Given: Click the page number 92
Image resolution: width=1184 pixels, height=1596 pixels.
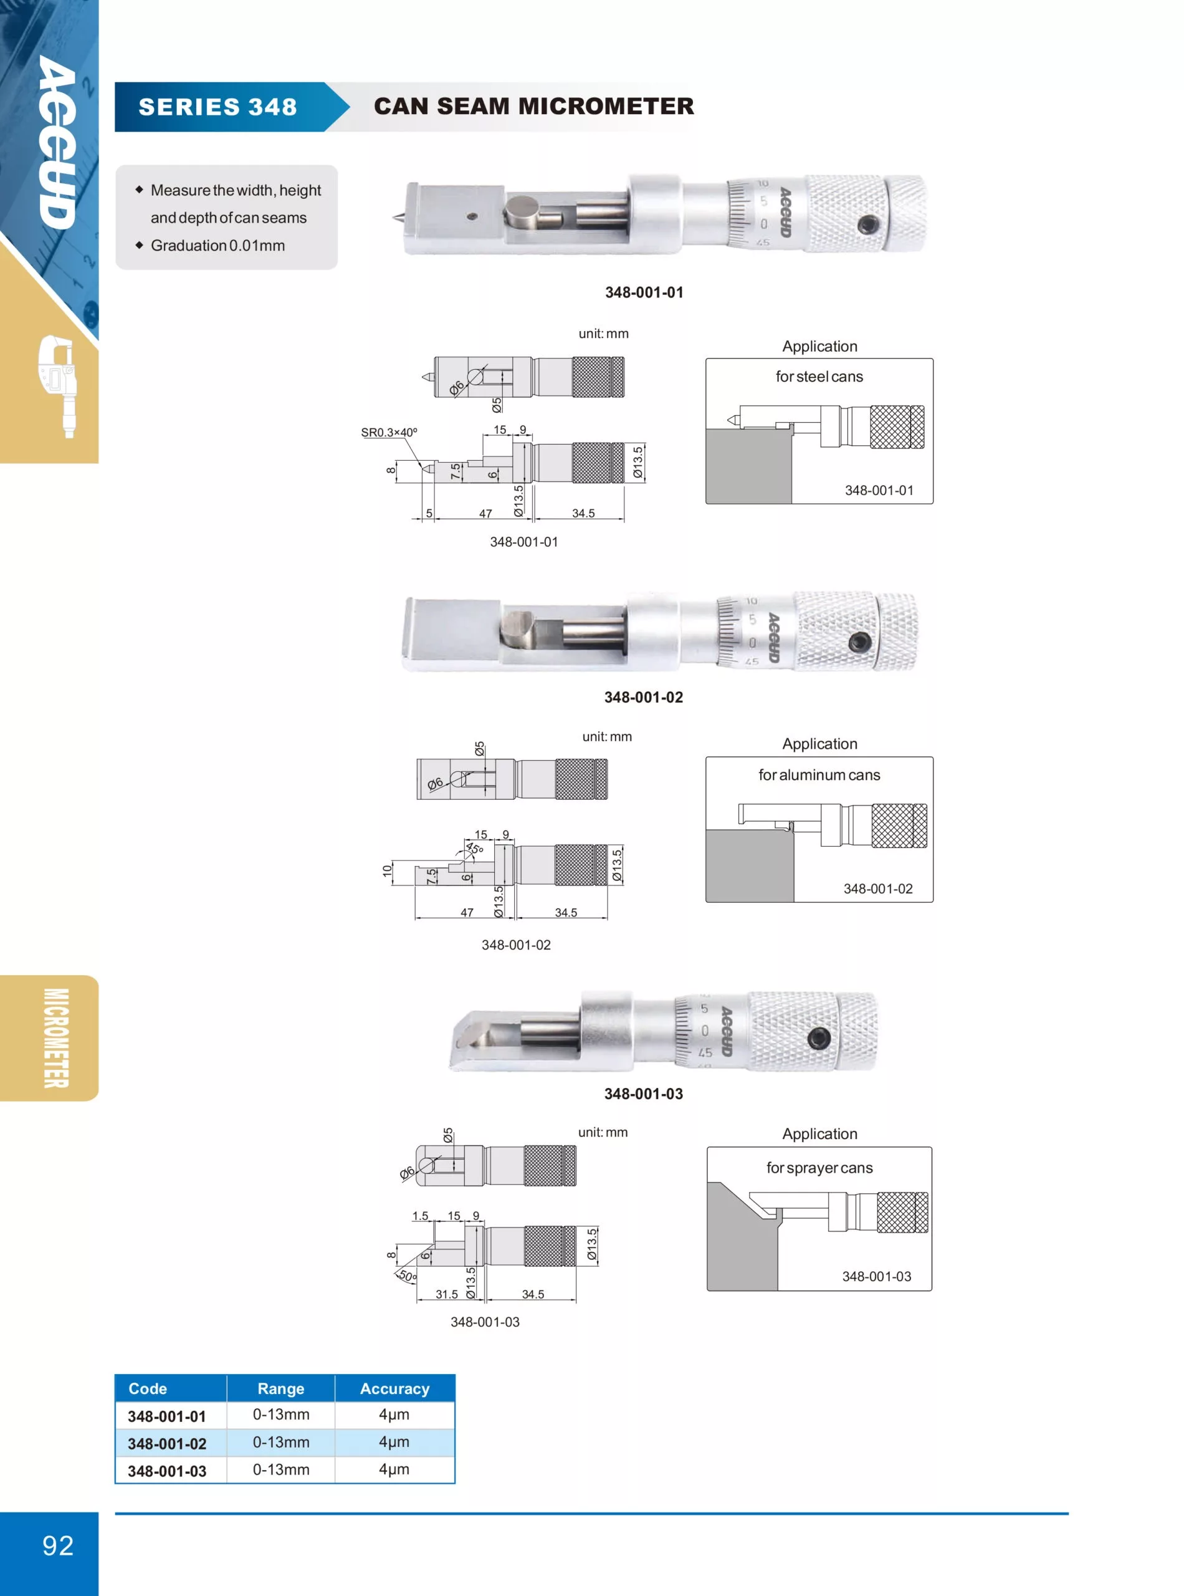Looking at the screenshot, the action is [x=57, y=1545].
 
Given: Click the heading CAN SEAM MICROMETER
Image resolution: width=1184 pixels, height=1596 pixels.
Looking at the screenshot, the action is [x=534, y=106].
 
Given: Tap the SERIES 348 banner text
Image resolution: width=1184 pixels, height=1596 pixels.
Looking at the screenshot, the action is [x=218, y=107].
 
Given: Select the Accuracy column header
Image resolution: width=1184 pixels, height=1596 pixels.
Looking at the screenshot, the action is [x=395, y=1389].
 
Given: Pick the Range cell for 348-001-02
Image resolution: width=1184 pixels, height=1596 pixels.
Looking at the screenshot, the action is [x=281, y=1442].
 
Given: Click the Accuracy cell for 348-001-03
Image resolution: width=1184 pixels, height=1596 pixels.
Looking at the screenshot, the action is [x=394, y=1469].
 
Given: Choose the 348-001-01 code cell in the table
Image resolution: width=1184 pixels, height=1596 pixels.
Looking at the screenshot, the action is [x=167, y=1416].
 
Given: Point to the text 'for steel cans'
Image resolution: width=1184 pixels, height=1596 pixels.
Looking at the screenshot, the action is [x=819, y=377].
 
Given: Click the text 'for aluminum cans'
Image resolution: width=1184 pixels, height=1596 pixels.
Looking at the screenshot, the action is [x=819, y=775].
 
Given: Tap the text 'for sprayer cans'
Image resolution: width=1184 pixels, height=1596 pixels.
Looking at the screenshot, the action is [x=819, y=1168].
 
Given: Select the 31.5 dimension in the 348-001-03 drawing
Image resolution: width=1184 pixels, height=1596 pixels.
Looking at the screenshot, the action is [x=447, y=1294].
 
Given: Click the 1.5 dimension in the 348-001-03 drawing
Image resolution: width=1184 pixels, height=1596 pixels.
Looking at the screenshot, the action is [x=420, y=1215].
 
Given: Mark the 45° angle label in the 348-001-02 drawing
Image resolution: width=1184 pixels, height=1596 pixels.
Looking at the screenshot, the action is [x=474, y=849].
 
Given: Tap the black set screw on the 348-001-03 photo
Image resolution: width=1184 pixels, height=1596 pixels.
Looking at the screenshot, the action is [x=818, y=1037].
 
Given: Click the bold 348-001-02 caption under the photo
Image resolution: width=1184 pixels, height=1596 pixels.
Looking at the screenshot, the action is [x=644, y=697].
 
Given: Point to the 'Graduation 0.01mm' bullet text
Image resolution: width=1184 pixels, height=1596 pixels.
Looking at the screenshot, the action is [x=218, y=245].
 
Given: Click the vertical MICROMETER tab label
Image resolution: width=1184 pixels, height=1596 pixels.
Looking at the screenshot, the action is [x=57, y=1037].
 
